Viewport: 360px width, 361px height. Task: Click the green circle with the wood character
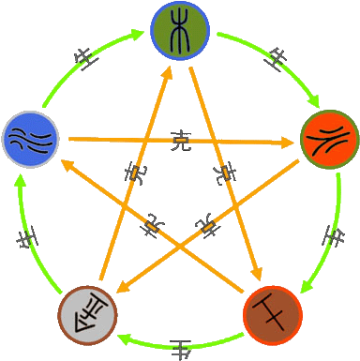coord(181,31)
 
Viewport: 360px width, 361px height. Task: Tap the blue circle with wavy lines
coord(30,139)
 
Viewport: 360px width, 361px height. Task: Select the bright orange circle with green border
coord(329,139)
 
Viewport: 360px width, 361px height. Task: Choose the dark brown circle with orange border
coord(272,313)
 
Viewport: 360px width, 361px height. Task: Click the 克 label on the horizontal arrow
coord(182,143)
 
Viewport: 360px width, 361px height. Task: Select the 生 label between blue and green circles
coord(87,57)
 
